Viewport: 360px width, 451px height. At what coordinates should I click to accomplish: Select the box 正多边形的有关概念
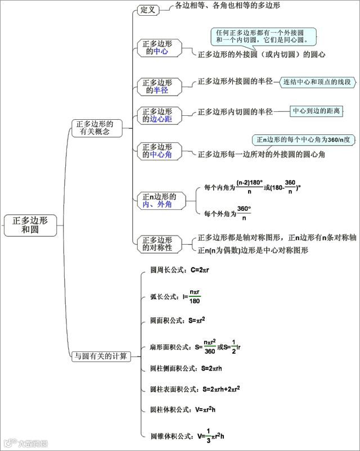(x=94, y=128)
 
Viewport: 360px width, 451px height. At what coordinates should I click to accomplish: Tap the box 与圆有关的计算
(x=101, y=356)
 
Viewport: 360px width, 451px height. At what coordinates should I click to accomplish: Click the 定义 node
(x=148, y=10)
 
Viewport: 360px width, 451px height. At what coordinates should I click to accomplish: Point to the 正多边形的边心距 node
(x=157, y=115)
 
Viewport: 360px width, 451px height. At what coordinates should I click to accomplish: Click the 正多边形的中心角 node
(x=157, y=151)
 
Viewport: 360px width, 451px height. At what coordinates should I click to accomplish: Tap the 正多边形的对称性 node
(x=157, y=243)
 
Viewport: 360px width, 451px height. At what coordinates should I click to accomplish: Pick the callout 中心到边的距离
(x=316, y=111)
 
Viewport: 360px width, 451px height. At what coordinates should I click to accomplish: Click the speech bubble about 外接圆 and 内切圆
(x=263, y=37)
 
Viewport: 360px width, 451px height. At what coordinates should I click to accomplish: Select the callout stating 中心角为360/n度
(x=303, y=139)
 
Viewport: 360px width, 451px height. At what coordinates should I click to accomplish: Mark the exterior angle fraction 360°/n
(x=244, y=213)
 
